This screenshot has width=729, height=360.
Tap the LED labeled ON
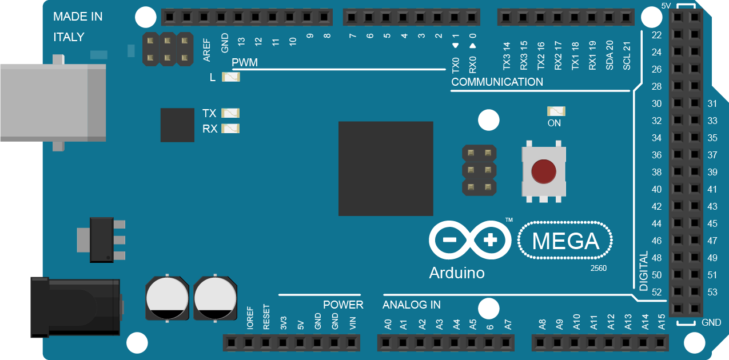tap(556, 111)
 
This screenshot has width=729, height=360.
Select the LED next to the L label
tap(231, 77)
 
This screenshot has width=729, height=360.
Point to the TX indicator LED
tap(230, 113)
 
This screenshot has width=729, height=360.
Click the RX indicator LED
tap(230, 129)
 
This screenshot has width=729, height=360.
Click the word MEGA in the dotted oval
tap(565, 242)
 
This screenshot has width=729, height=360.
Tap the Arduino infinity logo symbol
tap(470, 241)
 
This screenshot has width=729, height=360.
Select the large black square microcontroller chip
tap(385, 169)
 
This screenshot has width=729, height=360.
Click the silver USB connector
tap(51, 102)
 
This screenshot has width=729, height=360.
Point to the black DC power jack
tap(74, 307)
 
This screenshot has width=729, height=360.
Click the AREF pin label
tap(207, 50)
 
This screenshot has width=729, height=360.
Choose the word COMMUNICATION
tap(497, 82)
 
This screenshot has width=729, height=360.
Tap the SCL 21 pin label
tap(627, 55)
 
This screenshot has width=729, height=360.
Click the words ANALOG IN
tap(412, 305)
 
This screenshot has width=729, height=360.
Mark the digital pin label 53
tap(712, 293)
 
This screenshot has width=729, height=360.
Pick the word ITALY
tap(69, 37)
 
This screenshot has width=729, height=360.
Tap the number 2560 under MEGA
tap(598, 268)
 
